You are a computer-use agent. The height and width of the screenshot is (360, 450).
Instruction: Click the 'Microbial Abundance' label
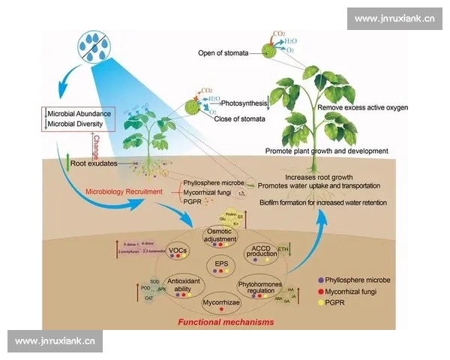click(x=79, y=113)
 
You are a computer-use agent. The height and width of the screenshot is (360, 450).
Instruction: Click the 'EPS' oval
click(x=222, y=265)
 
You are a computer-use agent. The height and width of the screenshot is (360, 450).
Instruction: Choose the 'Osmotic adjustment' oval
click(x=222, y=234)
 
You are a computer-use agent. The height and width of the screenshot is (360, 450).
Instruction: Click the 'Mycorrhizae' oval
click(x=222, y=303)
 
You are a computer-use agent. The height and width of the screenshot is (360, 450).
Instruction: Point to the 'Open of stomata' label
click(x=223, y=53)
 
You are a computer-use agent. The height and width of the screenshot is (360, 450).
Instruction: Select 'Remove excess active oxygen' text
click(x=362, y=108)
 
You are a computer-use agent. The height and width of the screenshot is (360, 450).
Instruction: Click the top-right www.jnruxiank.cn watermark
click(x=394, y=19)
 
